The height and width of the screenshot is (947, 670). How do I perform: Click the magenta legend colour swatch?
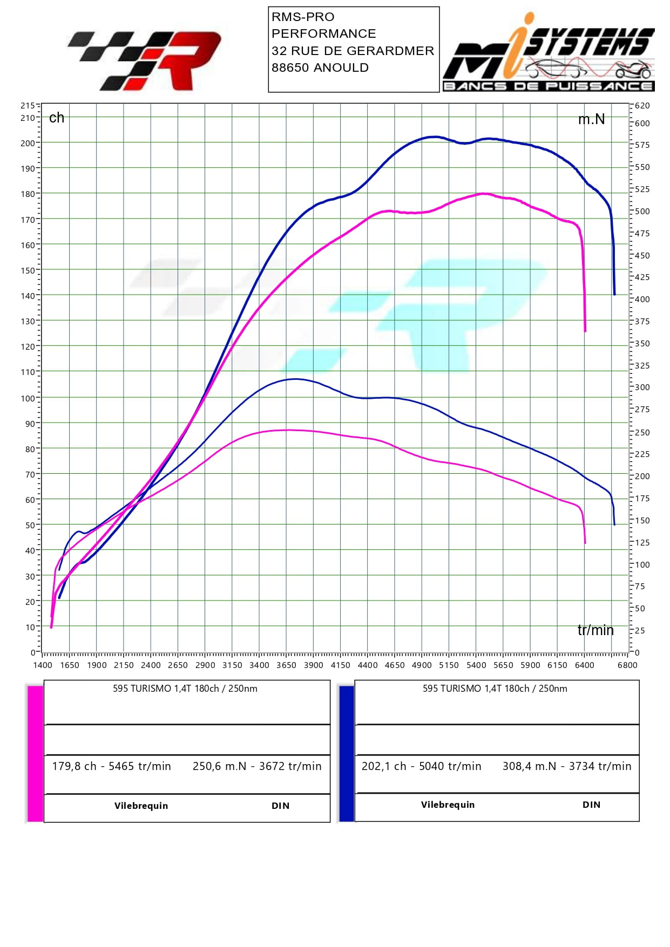click(x=35, y=753)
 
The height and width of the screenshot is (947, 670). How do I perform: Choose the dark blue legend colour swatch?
click(x=346, y=753)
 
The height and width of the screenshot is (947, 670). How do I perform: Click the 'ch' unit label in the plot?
click(x=57, y=118)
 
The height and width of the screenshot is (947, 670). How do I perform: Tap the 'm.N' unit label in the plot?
click(x=591, y=119)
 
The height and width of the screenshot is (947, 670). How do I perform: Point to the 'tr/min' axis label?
click(x=595, y=630)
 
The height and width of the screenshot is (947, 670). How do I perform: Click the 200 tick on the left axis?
click(x=27, y=143)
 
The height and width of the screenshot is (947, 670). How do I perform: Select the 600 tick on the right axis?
click(x=642, y=123)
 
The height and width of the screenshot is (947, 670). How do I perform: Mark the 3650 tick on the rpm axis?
click(x=286, y=665)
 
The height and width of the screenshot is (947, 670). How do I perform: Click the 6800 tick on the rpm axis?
click(x=627, y=665)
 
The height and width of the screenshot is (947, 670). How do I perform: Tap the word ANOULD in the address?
click(x=341, y=68)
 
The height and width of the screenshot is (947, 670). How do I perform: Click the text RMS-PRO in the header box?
click(x=303, y=17)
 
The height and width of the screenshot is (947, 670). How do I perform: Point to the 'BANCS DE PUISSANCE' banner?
click(x=549, y=86)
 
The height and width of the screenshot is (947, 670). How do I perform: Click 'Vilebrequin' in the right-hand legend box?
click(x=448, y=805)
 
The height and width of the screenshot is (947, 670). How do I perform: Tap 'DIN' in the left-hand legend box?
click(x=280, y=806)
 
